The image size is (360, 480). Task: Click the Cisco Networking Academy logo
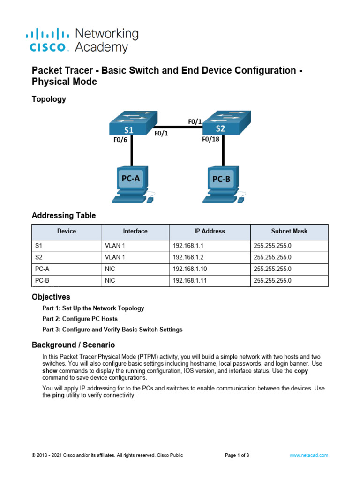click(82, 40)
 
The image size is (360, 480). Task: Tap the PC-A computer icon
click(131, 184)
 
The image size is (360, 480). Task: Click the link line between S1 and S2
click(178, 126)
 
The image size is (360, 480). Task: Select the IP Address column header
click(210, 231)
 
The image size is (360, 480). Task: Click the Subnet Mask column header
click(289, 231)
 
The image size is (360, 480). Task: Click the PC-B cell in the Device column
click(42, 280)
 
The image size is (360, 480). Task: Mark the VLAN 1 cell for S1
click(115, 245)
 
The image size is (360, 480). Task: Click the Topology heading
click(49, 99)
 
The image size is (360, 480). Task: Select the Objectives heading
click(51, 297)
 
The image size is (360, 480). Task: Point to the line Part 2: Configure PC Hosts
click(80, 319)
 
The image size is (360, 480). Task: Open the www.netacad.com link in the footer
click(309, 455)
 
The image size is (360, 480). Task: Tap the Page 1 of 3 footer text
click(237, 455)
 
